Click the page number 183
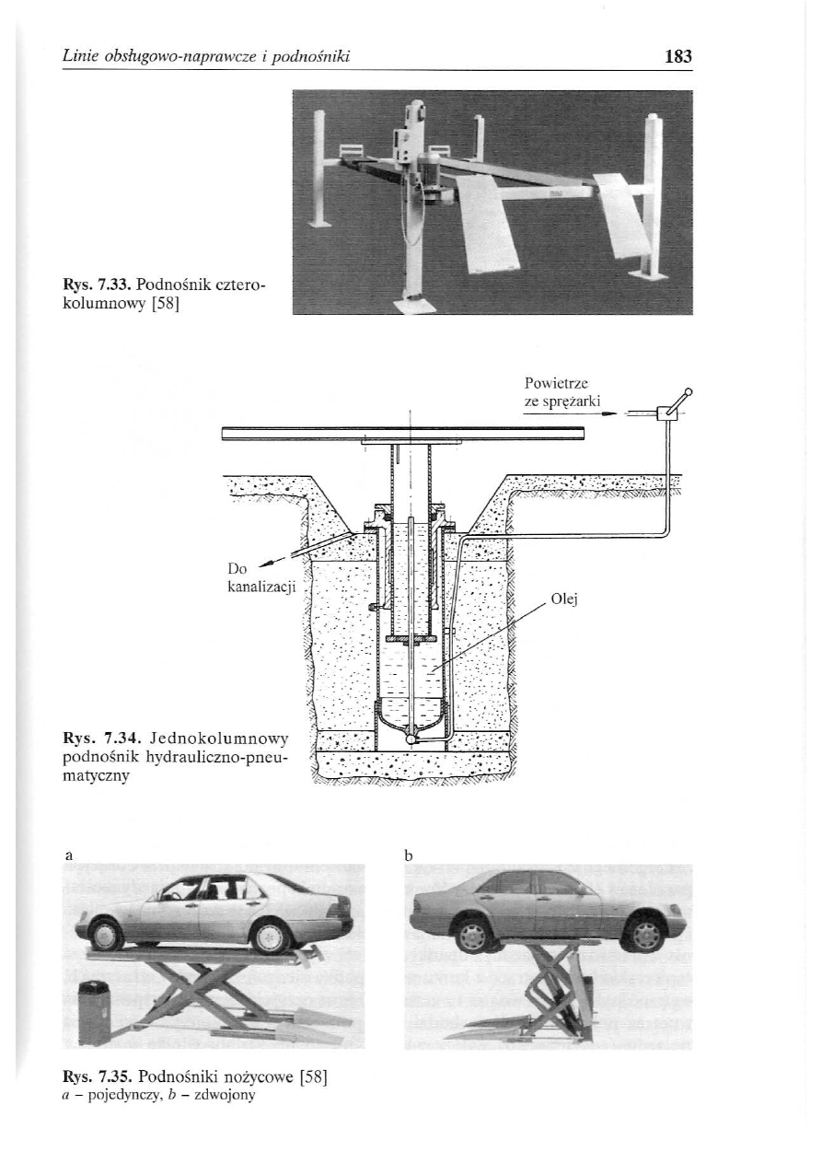click(677, 57)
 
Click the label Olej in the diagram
click(562, 599)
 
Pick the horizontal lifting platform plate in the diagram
click(406, 434)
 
